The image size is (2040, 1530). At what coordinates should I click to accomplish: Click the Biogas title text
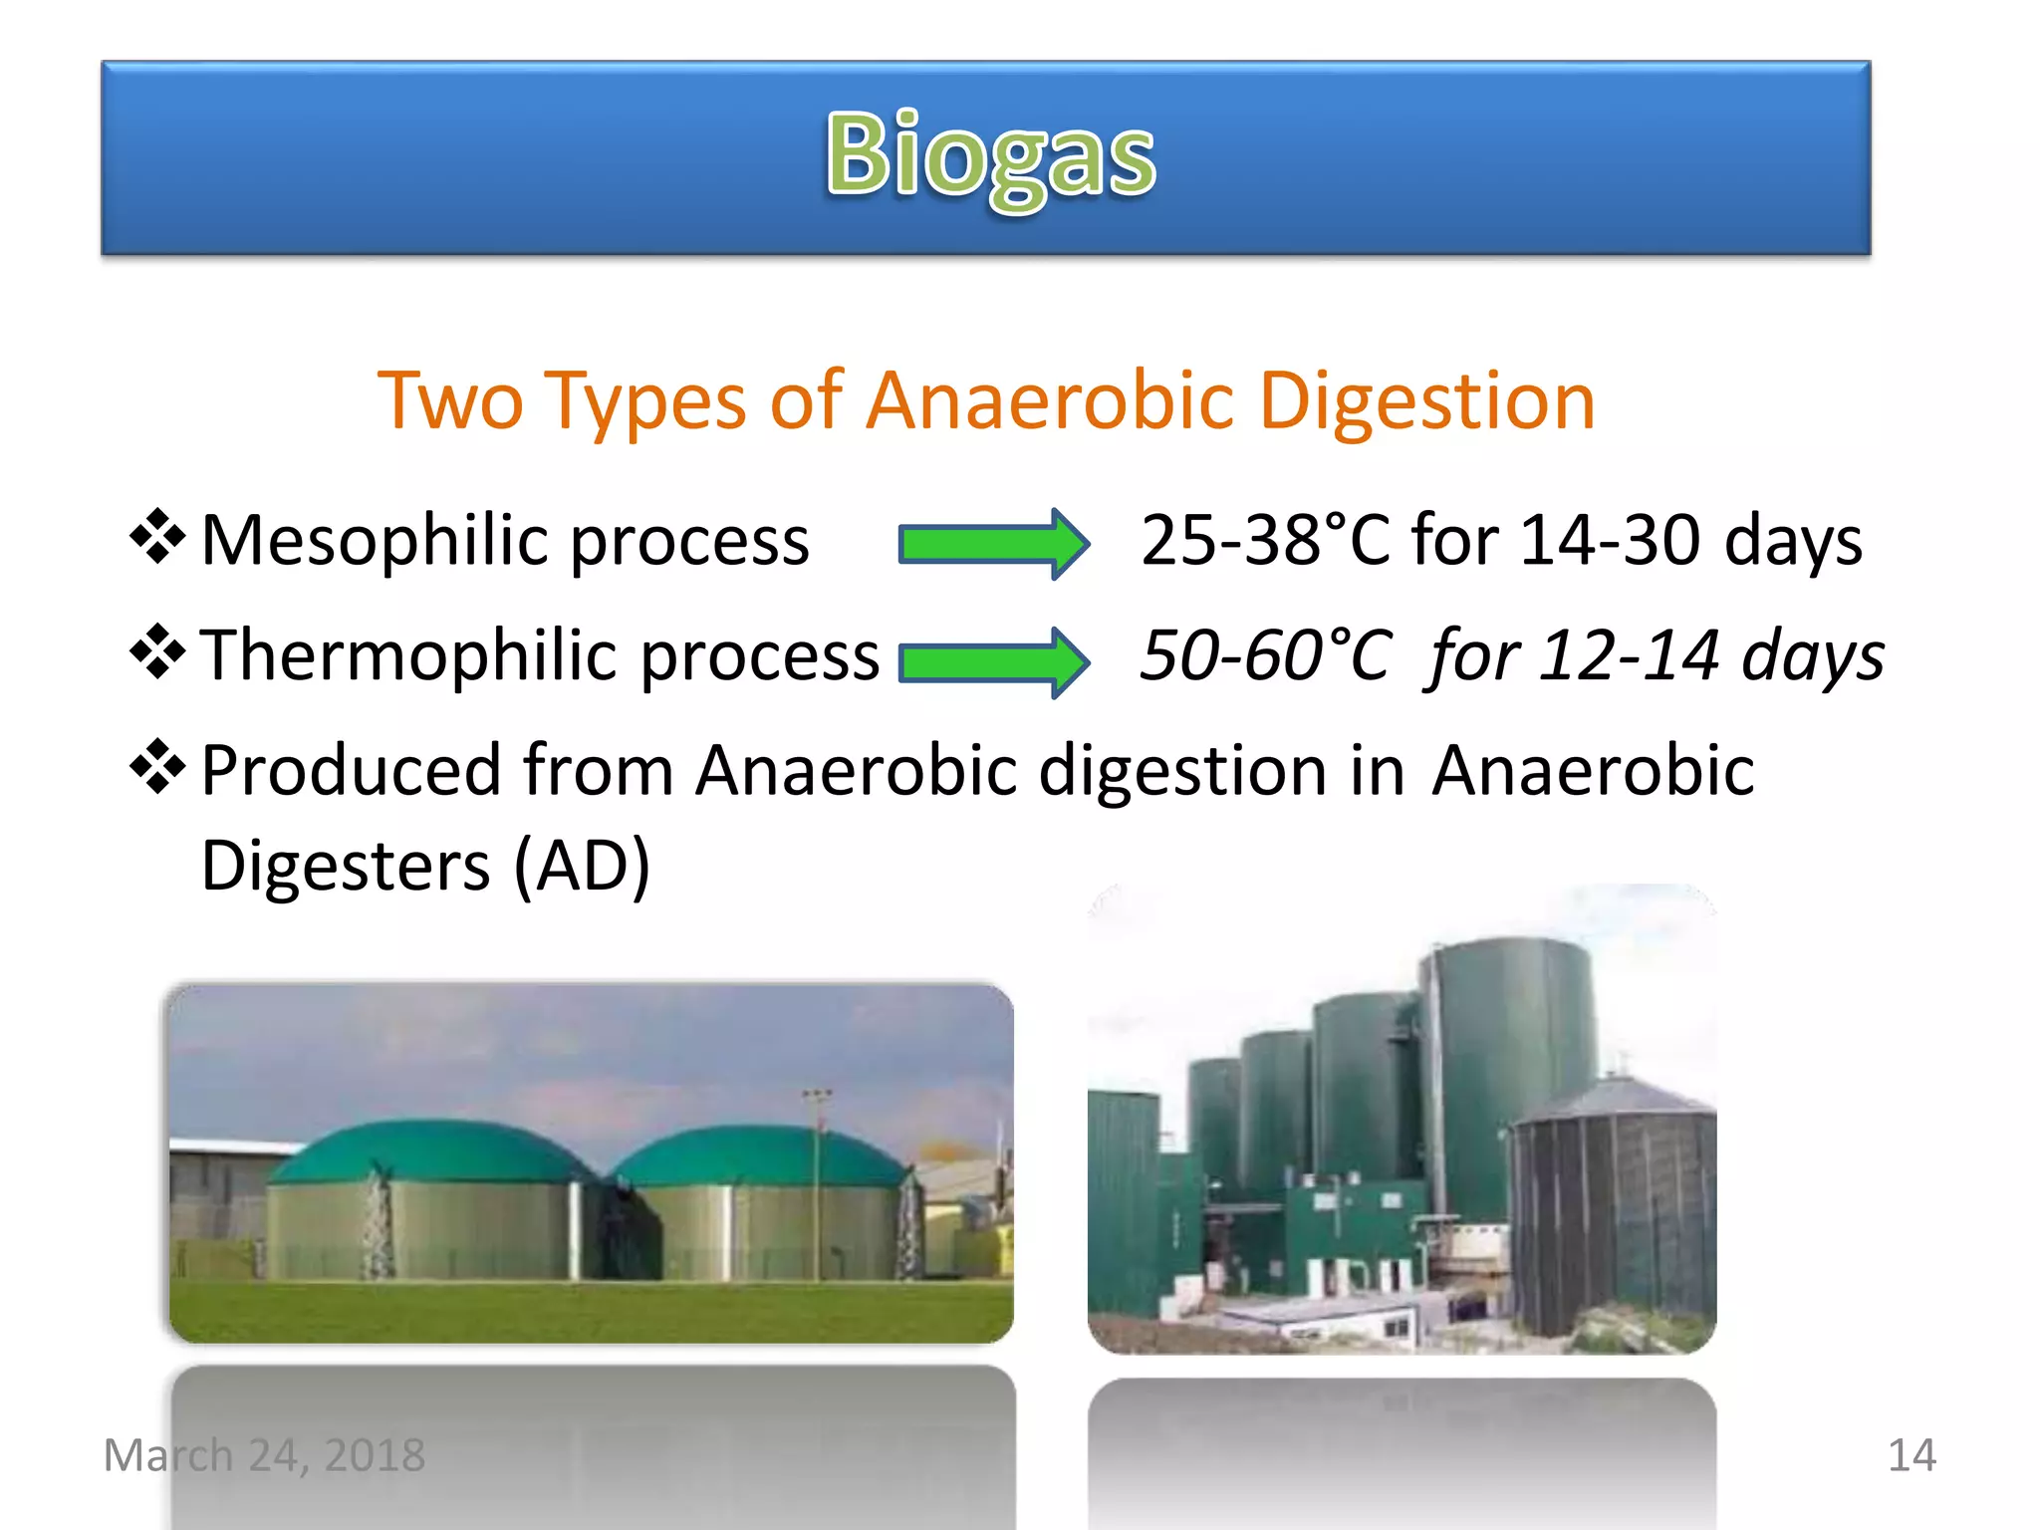point(990,156)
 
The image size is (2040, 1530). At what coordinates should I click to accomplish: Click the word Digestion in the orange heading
point(1426,401)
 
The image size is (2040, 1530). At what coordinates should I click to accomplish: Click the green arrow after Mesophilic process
point(992,544)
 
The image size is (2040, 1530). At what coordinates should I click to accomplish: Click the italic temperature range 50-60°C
point(1263,656)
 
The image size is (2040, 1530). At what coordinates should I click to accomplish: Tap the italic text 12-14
point(1630,656)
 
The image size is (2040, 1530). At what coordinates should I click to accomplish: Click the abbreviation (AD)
point(582,865)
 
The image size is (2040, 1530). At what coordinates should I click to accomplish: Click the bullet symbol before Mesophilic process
point(157,537)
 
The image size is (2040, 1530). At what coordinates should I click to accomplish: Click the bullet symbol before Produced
point(157,767)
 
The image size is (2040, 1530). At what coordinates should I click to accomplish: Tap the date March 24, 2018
point(264,1455)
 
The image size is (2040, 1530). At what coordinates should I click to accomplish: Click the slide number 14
point(1911,1455)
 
